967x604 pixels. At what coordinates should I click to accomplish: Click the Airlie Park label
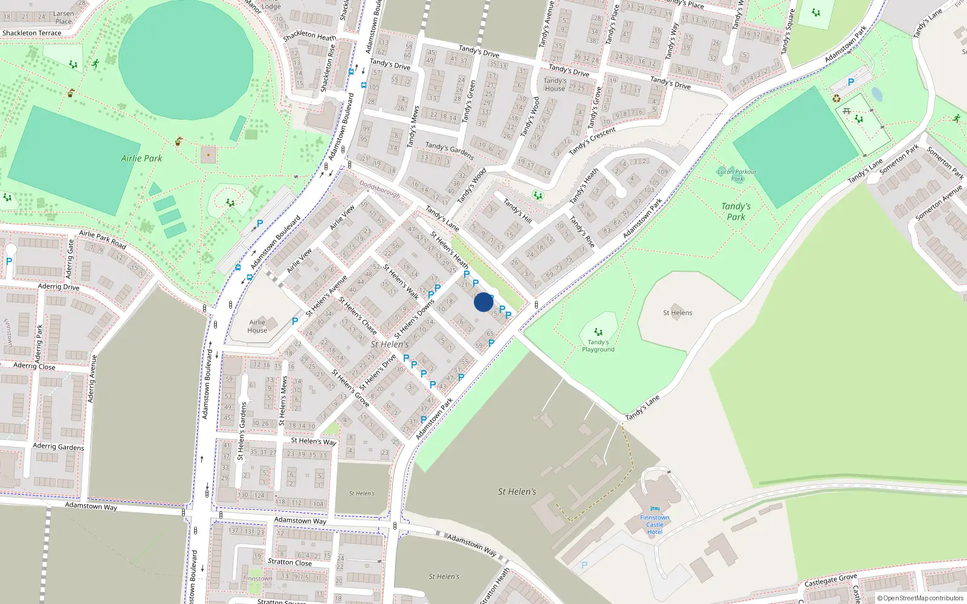click(141, 158)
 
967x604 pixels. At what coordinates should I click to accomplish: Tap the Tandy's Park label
click(736, 211)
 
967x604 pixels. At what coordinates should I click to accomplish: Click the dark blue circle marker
click(483, 302)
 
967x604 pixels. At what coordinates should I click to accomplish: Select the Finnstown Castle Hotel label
click(655, 525)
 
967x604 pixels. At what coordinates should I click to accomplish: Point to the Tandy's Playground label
click(598, 345)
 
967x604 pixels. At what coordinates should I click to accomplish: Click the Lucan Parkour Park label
click(737, 175)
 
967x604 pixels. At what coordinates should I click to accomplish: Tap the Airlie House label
click(257, 326)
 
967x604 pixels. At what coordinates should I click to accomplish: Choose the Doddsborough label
click(380, 189)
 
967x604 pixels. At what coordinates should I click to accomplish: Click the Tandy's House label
click(554, 85)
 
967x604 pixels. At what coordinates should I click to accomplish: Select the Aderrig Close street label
click(34, 366)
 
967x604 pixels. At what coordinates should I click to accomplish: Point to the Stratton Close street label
click(289, 562)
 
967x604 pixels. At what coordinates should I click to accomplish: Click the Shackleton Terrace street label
click(31, 33)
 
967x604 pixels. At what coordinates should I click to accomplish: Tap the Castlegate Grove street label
click(830, 580)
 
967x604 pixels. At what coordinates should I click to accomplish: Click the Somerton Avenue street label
click(938, 203)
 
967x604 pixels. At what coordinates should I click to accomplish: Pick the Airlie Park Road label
click(102, 240)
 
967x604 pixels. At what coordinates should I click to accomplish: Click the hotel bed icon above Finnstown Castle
click(655, 509)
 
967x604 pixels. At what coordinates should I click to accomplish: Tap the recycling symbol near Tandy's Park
click(836, 98)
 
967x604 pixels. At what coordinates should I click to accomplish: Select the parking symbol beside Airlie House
click(295, 321)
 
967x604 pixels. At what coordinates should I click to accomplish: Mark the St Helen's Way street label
click(313, 441)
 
